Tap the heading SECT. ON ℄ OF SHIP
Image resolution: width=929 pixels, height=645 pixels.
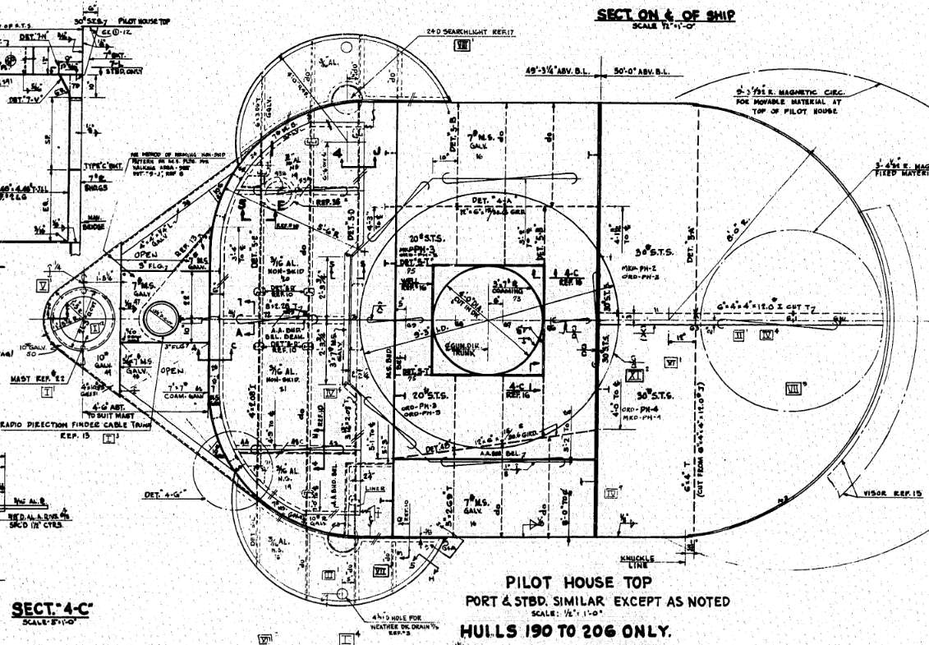tap(665, 15)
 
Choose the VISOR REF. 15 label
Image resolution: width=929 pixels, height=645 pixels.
tap(893, 494)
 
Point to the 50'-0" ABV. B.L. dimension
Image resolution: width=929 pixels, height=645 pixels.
tap(642, 71)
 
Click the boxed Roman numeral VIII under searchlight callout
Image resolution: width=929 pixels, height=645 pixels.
tap(462, 46)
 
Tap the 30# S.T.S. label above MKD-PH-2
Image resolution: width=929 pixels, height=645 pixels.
tap(655, 252)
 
